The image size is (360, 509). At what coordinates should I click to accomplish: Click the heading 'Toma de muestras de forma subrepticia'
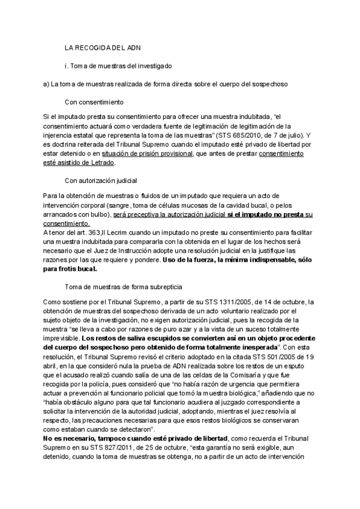119,288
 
